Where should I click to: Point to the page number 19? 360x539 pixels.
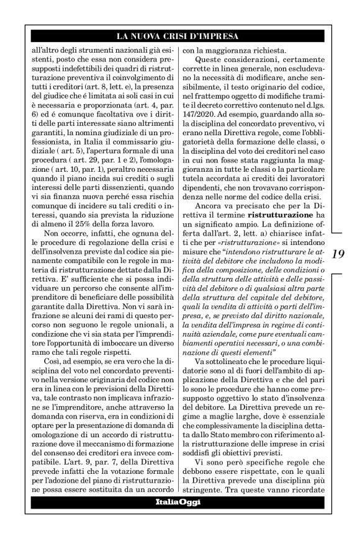338,254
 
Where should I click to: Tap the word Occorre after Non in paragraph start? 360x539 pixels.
63,235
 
